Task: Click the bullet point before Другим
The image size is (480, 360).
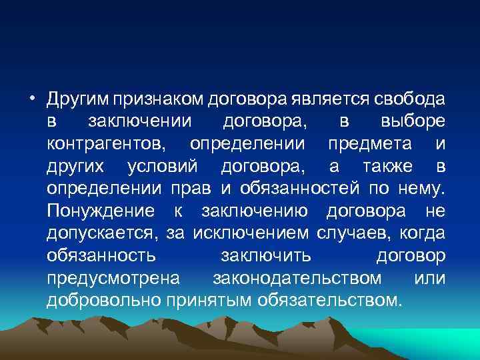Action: (x=31, y=100)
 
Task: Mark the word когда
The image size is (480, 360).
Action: (x=422, y=233)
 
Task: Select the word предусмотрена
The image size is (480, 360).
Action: (x=109, y=277)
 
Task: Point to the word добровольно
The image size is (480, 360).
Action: (x=105, y=300)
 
